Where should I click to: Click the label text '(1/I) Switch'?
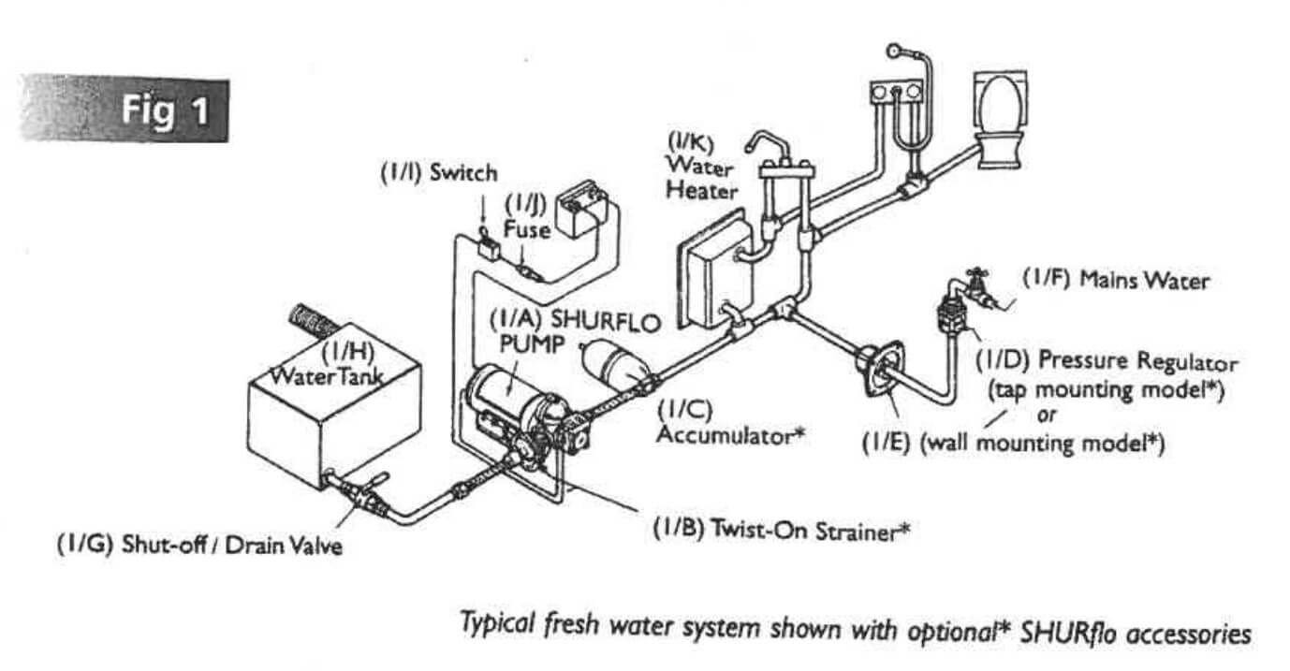pos(438,174)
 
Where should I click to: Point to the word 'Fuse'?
pos(527,229)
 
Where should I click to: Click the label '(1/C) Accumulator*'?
pos(730,422)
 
